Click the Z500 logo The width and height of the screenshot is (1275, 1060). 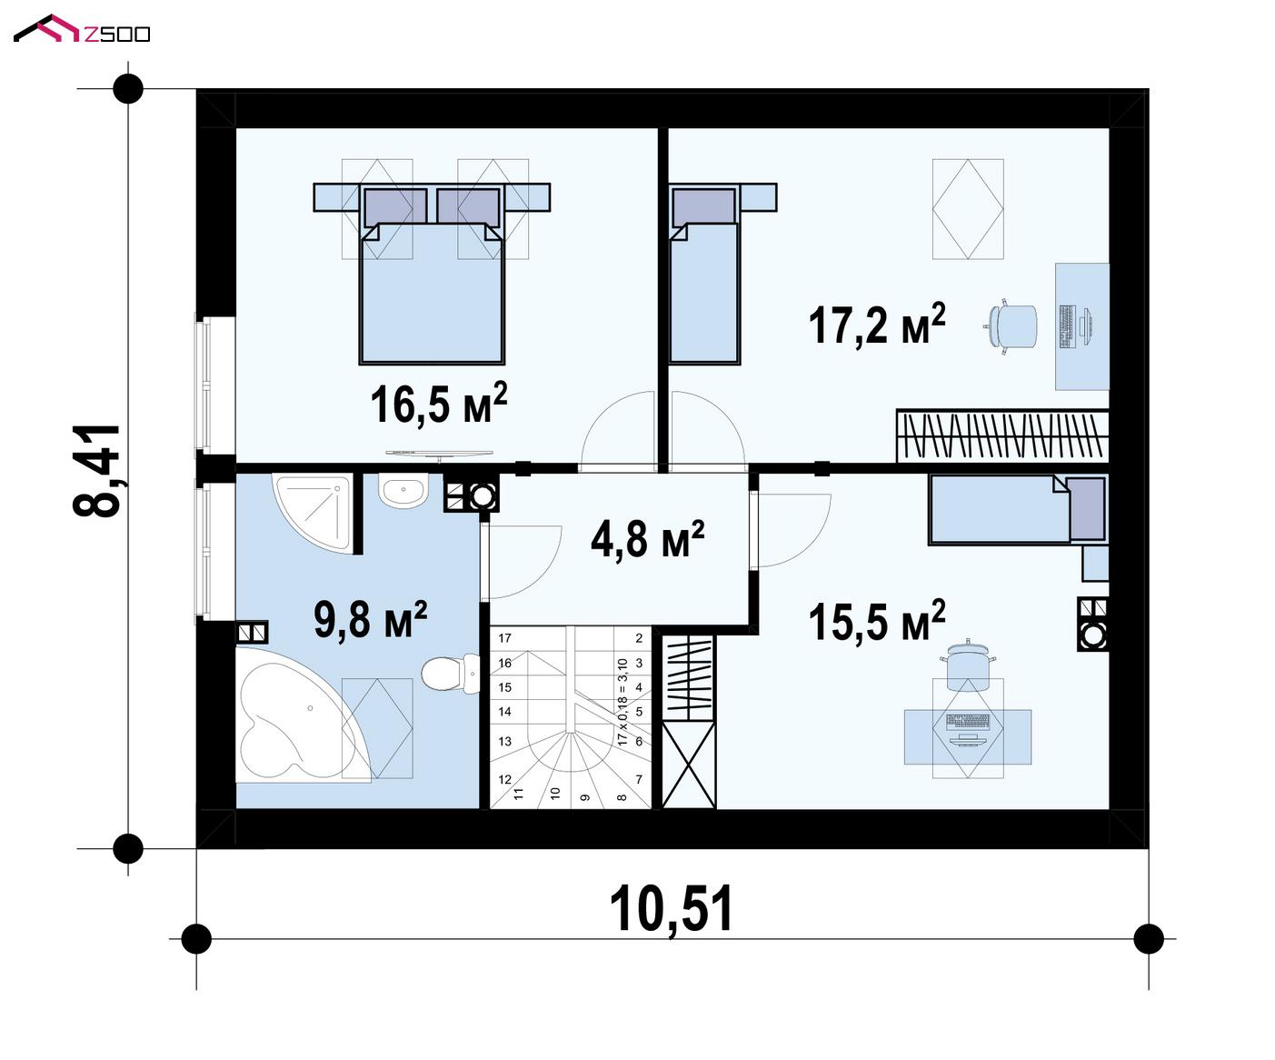[82, 29]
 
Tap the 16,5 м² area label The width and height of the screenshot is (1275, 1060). [439, 404]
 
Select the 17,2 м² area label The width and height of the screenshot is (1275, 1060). [877, 324]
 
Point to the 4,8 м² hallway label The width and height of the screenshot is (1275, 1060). [647, 539]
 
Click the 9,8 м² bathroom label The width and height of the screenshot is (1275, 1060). [370, 619]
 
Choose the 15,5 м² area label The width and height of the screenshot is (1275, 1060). [877, 621]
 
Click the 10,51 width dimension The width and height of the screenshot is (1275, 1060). [671, 910]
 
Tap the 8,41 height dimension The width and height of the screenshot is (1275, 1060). [96, 470]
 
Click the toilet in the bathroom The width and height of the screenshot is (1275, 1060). [451, 674]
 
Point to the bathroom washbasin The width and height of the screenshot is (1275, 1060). [403, 491]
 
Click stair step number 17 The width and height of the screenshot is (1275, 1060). [504, 638]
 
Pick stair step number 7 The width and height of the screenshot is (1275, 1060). [639, 780]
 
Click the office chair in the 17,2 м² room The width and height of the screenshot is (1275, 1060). [1011, 327]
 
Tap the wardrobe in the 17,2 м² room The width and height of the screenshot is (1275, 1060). [1002, 435]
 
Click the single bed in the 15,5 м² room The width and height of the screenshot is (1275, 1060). [1018, 509]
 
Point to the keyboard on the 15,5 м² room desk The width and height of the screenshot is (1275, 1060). [967, 722]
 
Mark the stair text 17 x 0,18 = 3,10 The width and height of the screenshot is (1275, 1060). [623, 702]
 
